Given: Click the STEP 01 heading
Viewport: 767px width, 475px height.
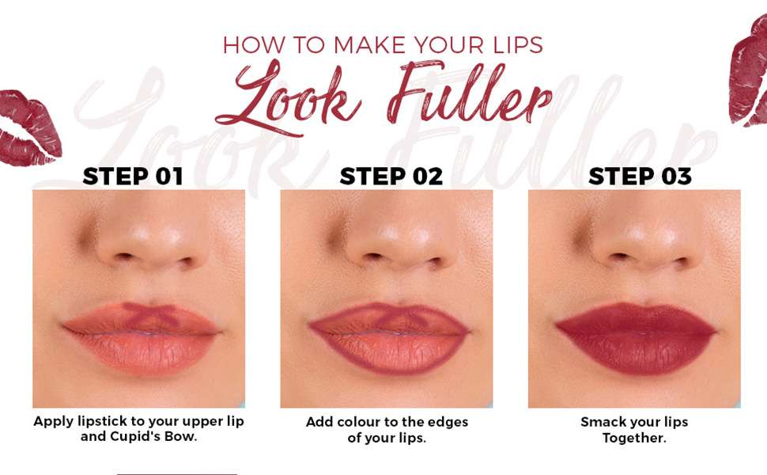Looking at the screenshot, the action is point(133,177).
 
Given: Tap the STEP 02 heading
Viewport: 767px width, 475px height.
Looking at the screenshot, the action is point(391,177).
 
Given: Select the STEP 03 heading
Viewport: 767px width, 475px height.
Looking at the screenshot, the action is point(640,177).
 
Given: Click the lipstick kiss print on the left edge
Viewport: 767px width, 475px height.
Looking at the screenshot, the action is point(29,127).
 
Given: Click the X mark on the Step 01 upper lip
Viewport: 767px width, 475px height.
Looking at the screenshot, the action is point(150,313).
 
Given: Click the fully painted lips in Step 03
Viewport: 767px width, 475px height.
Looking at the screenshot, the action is point(637,337).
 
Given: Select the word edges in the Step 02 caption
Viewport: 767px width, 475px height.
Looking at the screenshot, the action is point(448,423).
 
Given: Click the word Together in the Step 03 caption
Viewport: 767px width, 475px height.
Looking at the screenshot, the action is point(634,437).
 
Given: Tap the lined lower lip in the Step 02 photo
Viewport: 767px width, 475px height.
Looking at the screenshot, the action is point(390,355).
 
